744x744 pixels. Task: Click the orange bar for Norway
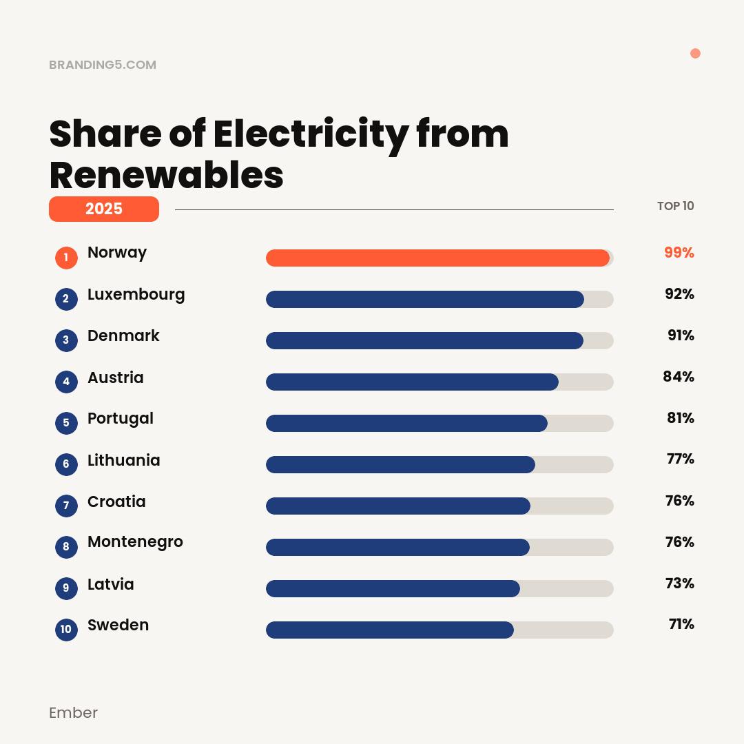(x=437, y=258)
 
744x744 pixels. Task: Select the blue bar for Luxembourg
(x=425, y=299)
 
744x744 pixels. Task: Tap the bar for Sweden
(x=390, y=630)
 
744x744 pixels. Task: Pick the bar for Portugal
(x=406, y=423)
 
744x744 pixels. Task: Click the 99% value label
(x=679, y=253)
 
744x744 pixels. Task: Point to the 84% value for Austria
(x=678, y=377)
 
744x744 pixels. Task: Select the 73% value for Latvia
(x=679, y=583)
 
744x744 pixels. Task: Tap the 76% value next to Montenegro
(x=679, y=542)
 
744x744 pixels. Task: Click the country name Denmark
(x=123, y=335)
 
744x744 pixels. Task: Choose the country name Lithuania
(x=123, y=460)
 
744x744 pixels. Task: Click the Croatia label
(x=116, y=502)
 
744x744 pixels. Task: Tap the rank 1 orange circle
(x=66, y=258)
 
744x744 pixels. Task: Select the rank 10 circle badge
(x=66, y=629)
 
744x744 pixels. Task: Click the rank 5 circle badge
(x=66, y=422)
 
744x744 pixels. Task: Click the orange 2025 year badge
(x=104, y=209)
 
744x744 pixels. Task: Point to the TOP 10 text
(x=675, y=206)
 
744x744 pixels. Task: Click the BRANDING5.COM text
(x=103, y=65)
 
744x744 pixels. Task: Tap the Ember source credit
(x=73, y=712)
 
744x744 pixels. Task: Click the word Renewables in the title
(x=167, y=175)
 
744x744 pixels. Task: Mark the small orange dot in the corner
(x=695, y=54)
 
